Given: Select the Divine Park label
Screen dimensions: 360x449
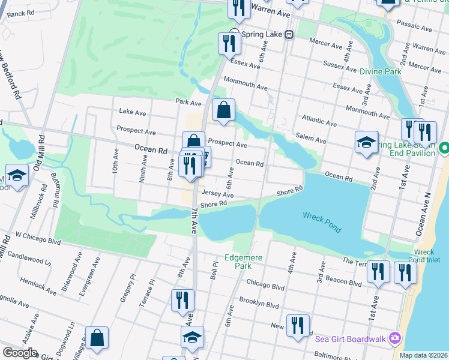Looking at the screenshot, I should [380, 71].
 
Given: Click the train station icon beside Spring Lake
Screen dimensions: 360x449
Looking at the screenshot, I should [289, 35].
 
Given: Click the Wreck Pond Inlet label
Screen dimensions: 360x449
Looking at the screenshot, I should [427, 256].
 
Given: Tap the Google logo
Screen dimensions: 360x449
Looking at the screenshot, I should [20, 353].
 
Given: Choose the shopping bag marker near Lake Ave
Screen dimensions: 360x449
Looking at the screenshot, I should [223, 110].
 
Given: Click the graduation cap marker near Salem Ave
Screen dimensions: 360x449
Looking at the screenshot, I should [366, 142].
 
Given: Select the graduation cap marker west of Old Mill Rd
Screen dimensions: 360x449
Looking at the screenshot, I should [17, 176].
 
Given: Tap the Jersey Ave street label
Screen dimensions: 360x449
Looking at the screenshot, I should [217, 194].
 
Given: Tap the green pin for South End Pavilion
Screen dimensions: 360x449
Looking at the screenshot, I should [444, 147].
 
